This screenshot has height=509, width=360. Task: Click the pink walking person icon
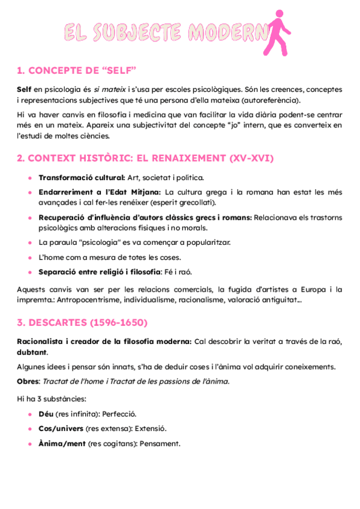(279, 31)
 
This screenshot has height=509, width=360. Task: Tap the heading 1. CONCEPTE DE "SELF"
(77, 71)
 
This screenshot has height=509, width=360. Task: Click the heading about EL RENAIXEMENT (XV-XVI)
(145, 158)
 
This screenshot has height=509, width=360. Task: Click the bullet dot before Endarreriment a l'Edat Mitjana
(30, 192)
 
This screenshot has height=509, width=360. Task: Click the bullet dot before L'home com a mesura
(30, 258)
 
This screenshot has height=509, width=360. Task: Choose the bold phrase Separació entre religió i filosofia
(100, 272)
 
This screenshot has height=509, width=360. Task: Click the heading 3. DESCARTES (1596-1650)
(82, 323)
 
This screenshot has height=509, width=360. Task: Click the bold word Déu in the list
(46, 414)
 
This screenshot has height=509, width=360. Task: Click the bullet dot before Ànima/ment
(30, 444)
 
